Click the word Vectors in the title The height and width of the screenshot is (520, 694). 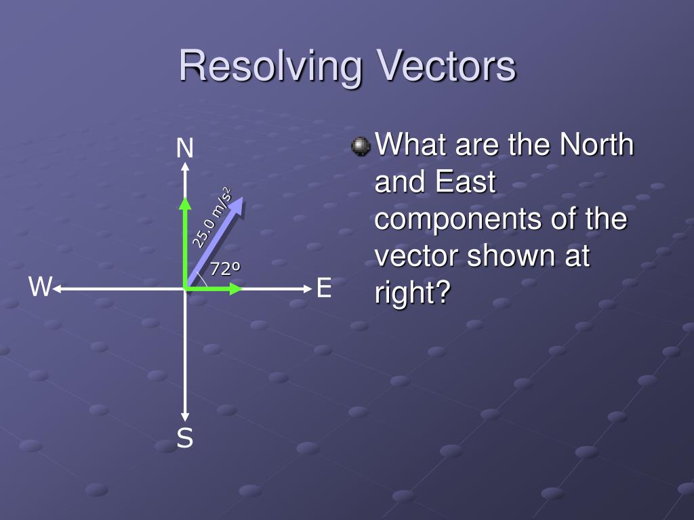coord(447,66)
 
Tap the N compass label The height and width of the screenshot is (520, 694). coord(184,148)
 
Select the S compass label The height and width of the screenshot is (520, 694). coord(184,439)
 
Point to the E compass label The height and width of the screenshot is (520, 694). coord(323,289)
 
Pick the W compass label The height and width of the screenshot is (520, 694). coord(40,288)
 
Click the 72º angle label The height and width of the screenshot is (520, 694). coord(225,269)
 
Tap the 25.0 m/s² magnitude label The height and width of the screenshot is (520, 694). coord(211,217)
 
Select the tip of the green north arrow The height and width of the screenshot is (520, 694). coord(184,201)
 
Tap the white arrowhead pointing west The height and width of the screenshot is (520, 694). coord(58,289)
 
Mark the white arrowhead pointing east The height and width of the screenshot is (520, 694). coord(306,289)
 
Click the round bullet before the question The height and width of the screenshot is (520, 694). coord(361,146)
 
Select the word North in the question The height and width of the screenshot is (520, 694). coord(596,145)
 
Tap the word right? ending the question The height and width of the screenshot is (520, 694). coord(412,294)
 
